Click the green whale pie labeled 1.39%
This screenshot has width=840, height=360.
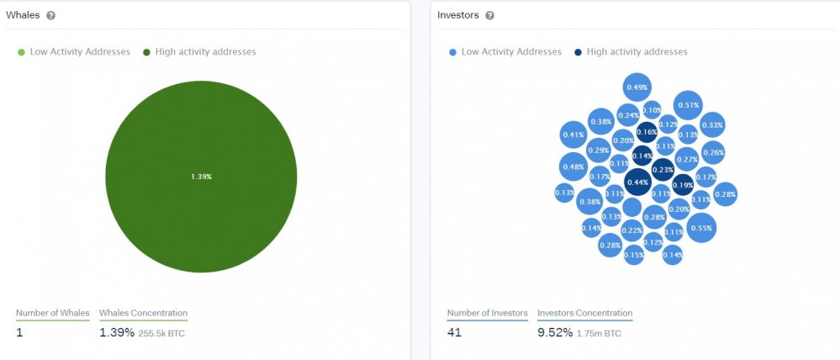pyautogui.click(x=201, y=177)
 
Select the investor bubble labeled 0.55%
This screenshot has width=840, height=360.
pyautogui.click(x=700, y=227)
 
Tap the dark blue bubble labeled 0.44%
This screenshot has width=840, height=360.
pyautogui.click(x=637, y=183)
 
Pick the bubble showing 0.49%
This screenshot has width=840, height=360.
pyautogui.click(x=637, y=87)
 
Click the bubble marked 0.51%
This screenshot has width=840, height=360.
pyautogui.click(x=688, y=105)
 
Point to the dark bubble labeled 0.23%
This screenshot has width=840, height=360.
pyautogui.click(x=663, y=169)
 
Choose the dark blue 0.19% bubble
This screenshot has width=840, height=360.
pyautogui.click(x=683, y=185)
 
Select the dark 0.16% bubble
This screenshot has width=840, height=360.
pyautogui.click(x=647, y=132)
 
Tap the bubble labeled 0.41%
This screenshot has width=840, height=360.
pyautogui.click(x=573, y=135)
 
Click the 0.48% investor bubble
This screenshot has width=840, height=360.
pyautogui.click(x=573, y=167)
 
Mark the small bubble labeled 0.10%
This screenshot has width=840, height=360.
pyautogui.click(x=652, y=110)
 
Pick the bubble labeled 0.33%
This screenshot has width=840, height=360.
pyautogui.click(x=712, y=125)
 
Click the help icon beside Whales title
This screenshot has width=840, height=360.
pyautogui.click(x=51, y=16)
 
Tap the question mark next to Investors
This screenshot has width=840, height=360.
pyautogui.click(x=490, y=16)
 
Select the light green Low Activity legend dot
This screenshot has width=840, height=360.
pyautogui.click(x=22, y=52)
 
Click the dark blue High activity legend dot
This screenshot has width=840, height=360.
pyautogui.click(x=578, y=52)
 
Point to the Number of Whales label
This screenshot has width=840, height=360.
pyautogui.click(x=52, y=313)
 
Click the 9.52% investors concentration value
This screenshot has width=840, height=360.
pyautogui.click(x=555, y=332)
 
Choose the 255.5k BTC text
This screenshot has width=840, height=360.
pyautogui.click(x=161, y=333)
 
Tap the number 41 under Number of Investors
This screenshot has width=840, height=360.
pyautogui.click(x=455, y=332)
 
